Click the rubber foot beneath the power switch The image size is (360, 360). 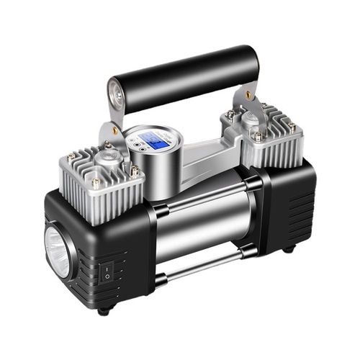105,311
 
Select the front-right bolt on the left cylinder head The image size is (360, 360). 134,171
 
